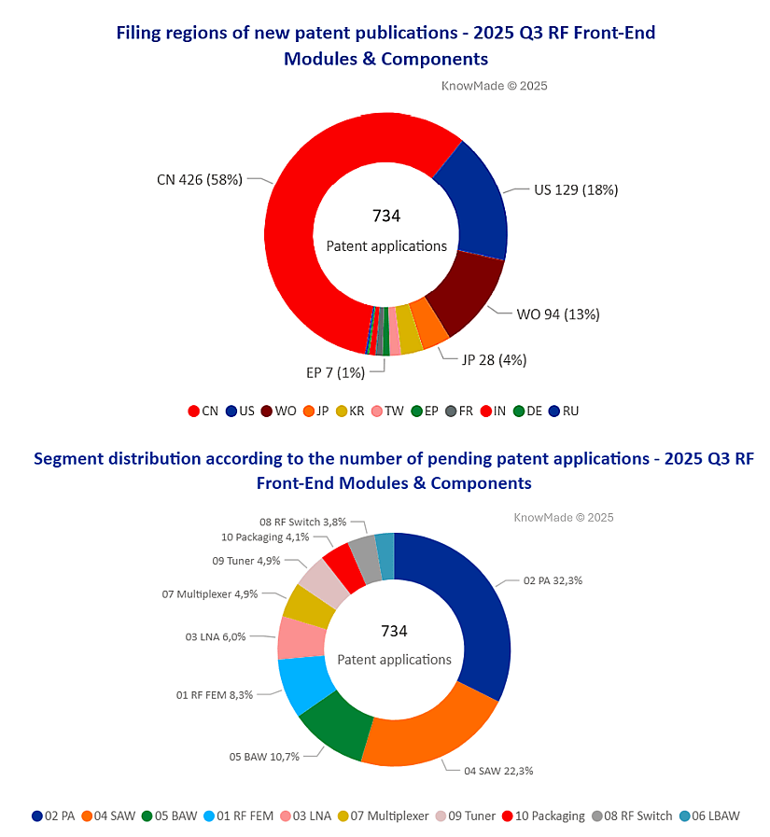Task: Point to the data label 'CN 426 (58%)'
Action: [199, 179]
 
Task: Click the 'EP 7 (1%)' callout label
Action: [335, 371]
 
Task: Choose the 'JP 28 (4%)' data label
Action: [500, 359]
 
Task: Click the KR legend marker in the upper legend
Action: [343, 411]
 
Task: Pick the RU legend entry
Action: [563, 411]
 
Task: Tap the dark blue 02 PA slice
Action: [472, 616]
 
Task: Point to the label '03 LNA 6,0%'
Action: [216, 636]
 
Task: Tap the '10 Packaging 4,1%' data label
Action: [265, 537]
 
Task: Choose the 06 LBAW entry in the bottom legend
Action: [709, 816]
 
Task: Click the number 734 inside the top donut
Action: [385, 216]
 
